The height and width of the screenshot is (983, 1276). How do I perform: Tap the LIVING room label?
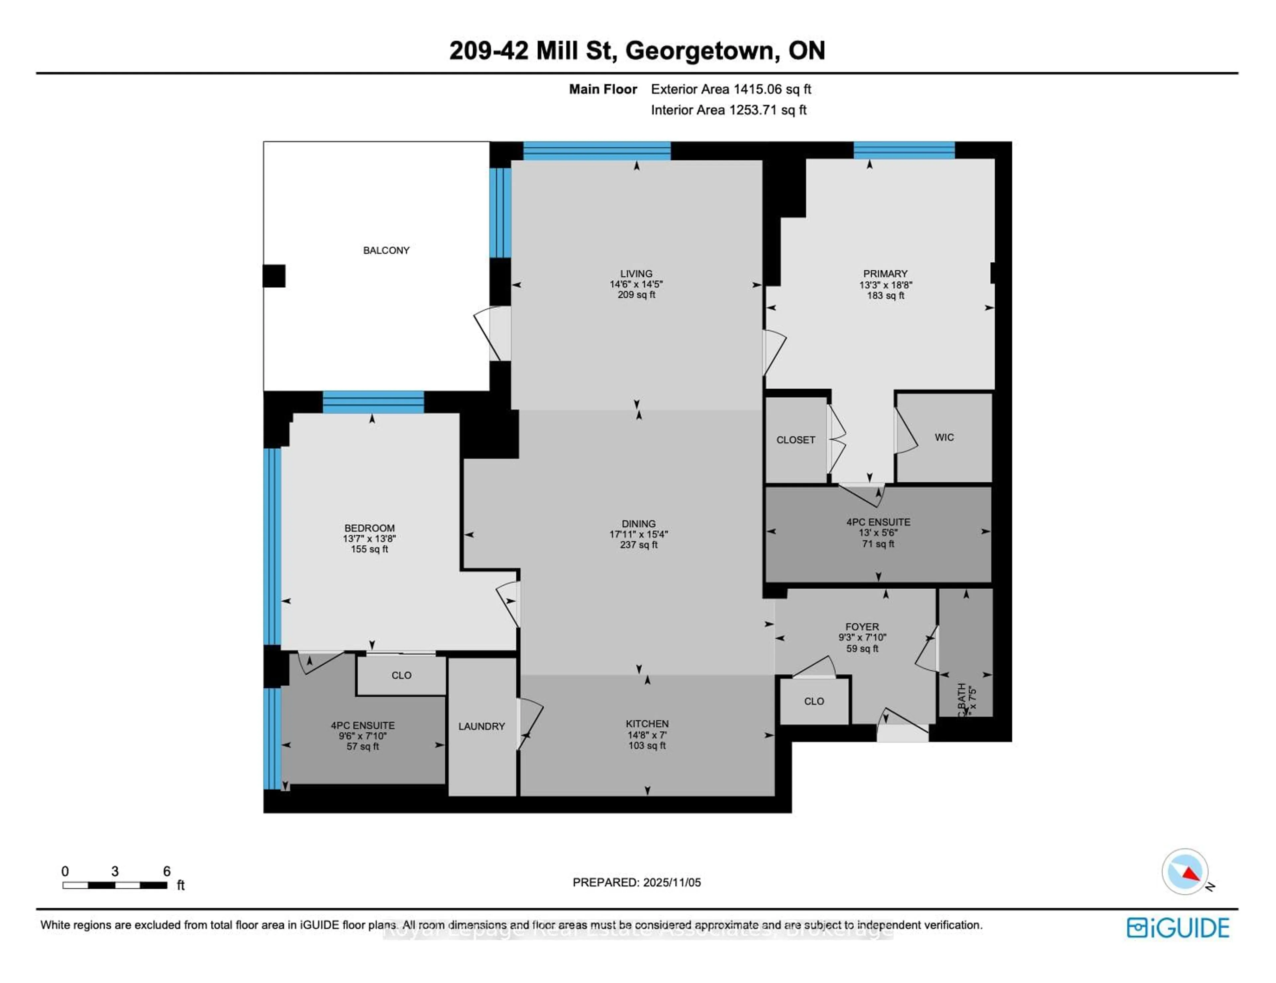click(x=636, y=273)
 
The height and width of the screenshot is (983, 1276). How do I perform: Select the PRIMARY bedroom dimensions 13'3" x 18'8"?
click(x=885, y=285)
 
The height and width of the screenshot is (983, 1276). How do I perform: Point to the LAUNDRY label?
click(x=481, y=726)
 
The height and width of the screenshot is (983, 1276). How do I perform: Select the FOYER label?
click(x=862, y=626)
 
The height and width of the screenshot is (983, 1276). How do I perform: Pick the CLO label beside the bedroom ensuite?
click(x=401, y=675)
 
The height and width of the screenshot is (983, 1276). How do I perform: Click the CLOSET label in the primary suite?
click(x=795, y=440)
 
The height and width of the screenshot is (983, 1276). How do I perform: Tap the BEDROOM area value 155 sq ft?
click(x=369, y=549)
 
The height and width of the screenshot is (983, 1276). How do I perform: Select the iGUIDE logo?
click(x=1178, y=928)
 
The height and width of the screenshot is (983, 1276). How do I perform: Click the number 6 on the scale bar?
click(x=166, y=871)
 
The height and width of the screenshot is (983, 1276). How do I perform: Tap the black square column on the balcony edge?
click(x=274, y=276)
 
